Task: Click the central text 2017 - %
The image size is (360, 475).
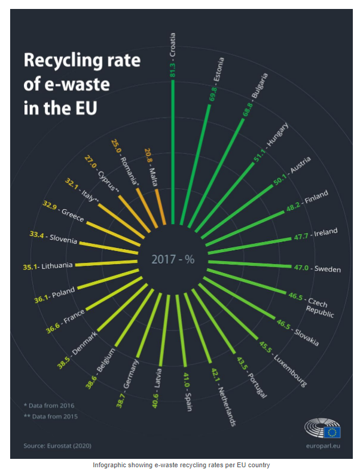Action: pos(173,259)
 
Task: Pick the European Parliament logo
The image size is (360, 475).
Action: pos(322,428)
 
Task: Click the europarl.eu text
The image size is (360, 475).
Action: pos(323,446)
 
